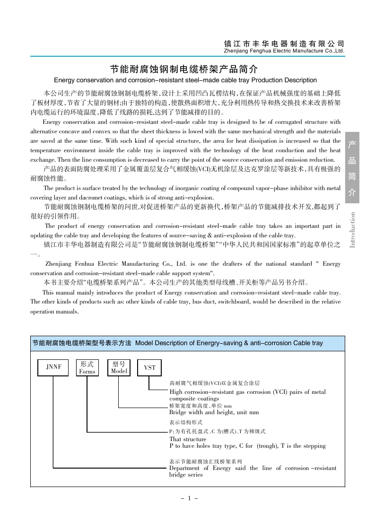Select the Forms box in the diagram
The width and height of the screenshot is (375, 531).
87,367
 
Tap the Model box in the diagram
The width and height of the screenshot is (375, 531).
119,367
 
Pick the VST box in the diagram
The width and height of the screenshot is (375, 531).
149,367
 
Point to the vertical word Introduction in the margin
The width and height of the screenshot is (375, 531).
352,229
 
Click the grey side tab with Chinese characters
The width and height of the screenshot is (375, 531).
352,168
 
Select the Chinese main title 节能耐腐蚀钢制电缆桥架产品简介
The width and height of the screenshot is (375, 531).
184,69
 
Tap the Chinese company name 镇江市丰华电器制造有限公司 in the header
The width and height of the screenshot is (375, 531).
284,43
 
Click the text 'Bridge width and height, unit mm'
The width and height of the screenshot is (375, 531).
214,412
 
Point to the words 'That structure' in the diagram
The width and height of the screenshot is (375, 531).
188,439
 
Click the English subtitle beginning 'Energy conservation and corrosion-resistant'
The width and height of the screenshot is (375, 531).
185,80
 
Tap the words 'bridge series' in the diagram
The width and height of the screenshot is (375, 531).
186,475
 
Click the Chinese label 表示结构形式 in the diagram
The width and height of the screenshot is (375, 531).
186,422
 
